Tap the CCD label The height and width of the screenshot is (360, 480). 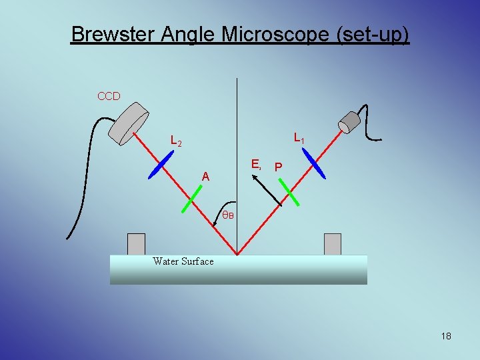coord(109,96)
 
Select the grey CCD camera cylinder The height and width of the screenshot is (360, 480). coord(131,123)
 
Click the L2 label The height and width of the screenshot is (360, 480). coord(177,141)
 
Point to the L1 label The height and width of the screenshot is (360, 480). coord(299,139)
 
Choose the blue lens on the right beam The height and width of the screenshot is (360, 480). coord(313,163)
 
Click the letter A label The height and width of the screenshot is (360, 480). coord(207,177)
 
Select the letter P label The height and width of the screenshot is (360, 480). coord(279,167)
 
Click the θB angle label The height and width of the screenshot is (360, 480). coord(228,215)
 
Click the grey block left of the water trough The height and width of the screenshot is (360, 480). coord(136,244)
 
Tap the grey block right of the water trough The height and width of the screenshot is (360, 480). coord(332,244)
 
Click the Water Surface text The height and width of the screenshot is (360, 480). coord(183,261)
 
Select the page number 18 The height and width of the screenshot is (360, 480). coord(446,336)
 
